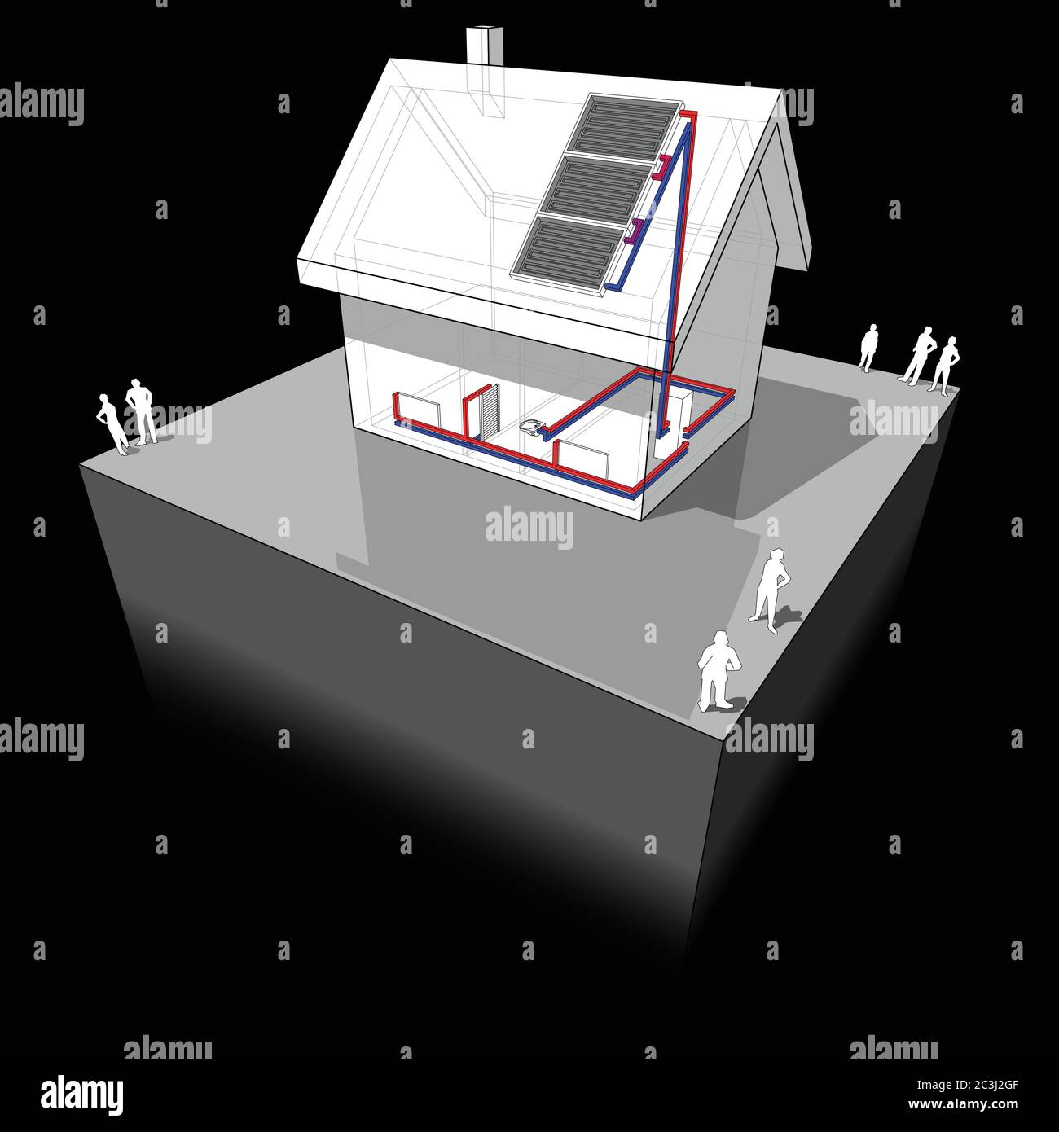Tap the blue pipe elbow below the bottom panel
(620, 285)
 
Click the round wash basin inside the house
(534, 426)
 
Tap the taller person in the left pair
(143, 411)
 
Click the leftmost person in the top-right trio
(869, 347)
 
